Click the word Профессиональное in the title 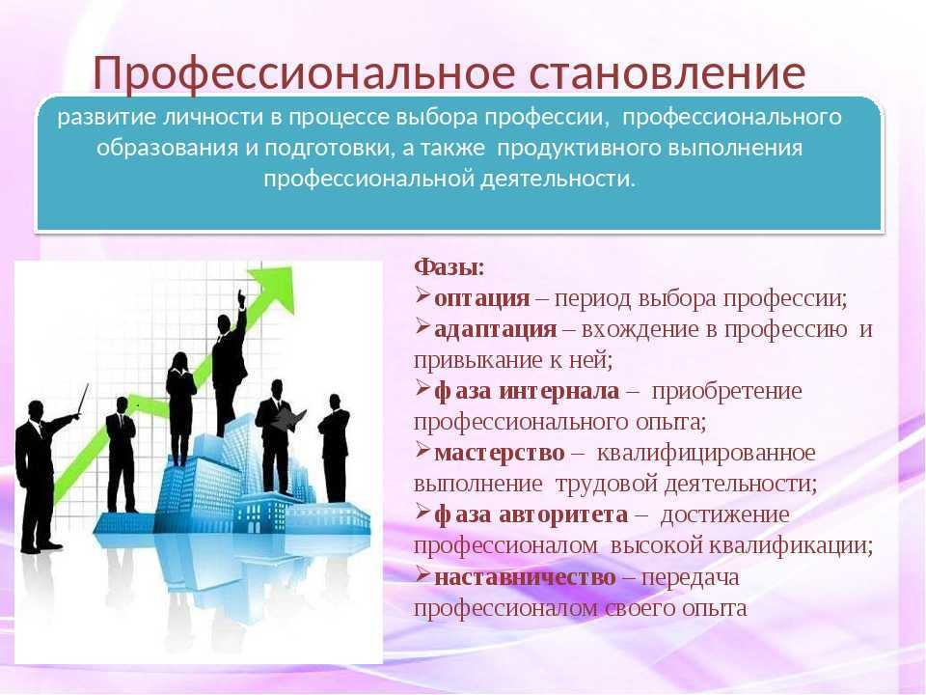click(x=304, y=73)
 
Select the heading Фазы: click(x=449, y=267)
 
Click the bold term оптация click(x=482, y=298)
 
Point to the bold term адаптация click(x=496, y=329)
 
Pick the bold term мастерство click(x=500, y=453)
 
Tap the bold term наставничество click(x=525, y=576)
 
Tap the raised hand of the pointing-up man click(x=241, y=297)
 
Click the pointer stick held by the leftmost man click(x=83, y=400)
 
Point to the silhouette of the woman click(x=180, y=408)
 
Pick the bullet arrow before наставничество click(x=422, y=574)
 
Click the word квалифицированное click(x=706, y=454)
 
